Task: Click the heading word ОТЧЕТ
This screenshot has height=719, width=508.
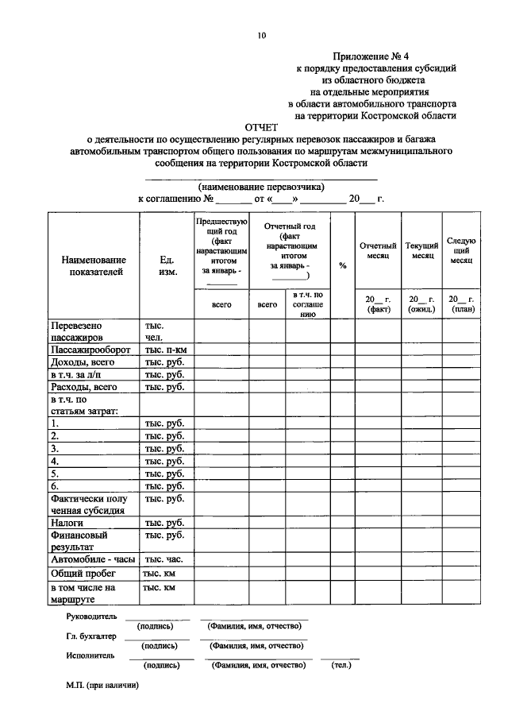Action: pyautogui.click(x=262, y=127)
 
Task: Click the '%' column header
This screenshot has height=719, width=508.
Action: pyautogui.click(x=342, y=265)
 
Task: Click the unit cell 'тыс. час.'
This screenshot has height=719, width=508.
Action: pyautogui.click(x=163, y=560)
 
